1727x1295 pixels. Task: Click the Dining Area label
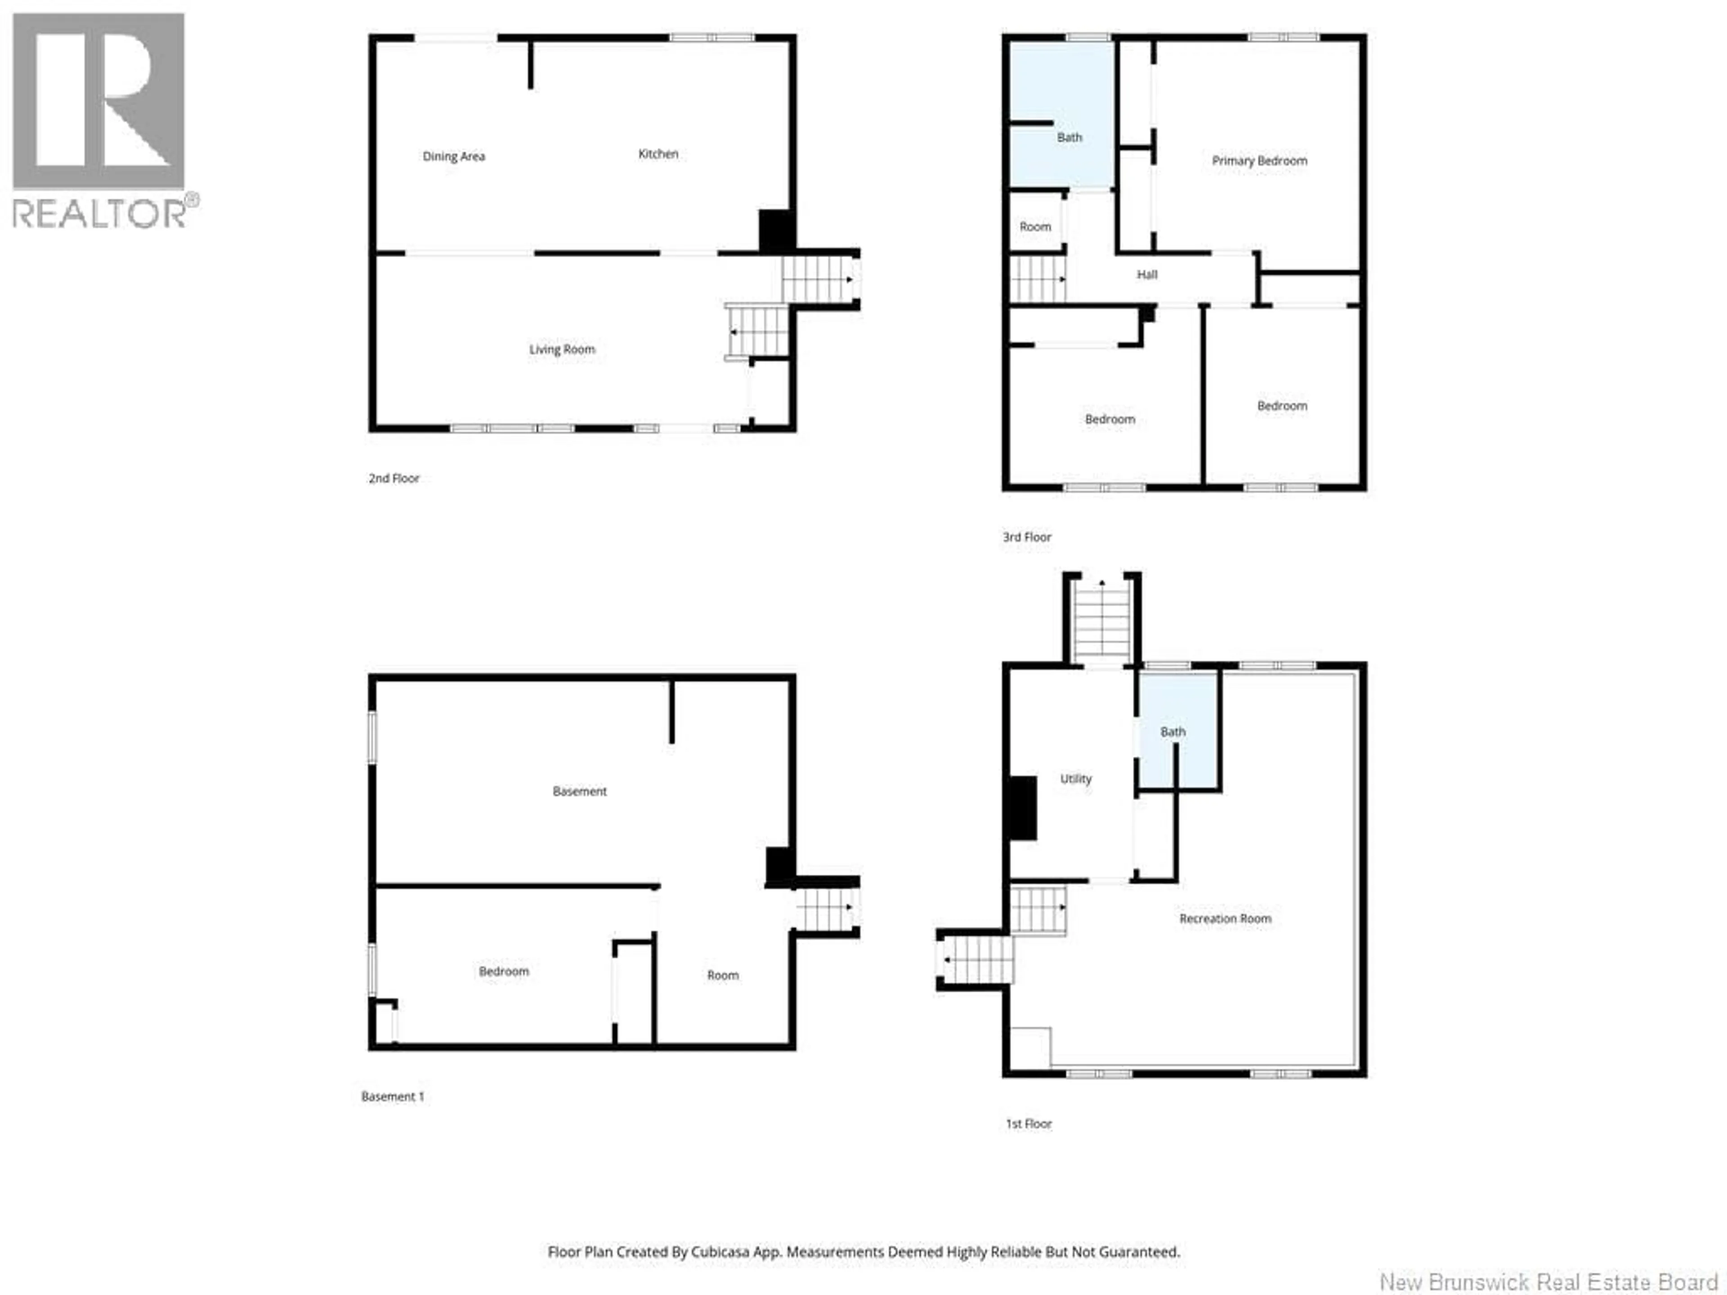click(x=454, y=156)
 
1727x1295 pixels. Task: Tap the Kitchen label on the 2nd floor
click(x=658, y=154)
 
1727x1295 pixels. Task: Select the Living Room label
click(x=562, y=349)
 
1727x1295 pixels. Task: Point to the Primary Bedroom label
click(x=1259, y=160)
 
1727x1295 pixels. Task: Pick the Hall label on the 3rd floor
click(x=1147, y=274)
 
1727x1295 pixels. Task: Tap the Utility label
click(x=1076, y=778)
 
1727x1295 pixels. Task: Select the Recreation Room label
click(x=1225, y=919)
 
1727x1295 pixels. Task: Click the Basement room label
click(x=579, y=791)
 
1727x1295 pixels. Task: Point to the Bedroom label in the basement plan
click(x=504, y=971)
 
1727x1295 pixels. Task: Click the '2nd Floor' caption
click(x=394, y=478)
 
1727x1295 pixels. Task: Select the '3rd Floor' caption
click(x=1027, y=537)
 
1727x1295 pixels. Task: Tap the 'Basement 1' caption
click(x=393, y=1096)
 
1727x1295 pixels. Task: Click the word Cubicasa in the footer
click(x=718, y=1251)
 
